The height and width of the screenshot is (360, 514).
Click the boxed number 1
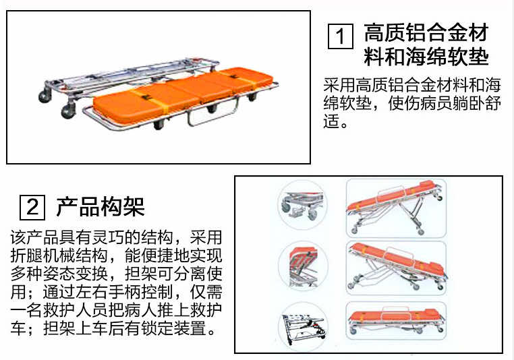coord(341,36)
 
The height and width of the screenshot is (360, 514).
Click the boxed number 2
coord(32,207)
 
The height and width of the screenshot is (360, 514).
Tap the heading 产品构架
coord(101,207)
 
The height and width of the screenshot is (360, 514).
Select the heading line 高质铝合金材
coord(426,32)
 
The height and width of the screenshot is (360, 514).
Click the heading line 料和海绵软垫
coord(426,57)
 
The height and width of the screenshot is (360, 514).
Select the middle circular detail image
coord(303,266)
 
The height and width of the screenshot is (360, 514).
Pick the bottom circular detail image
coord(303,327)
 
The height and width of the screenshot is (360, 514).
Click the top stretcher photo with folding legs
coord(396,208)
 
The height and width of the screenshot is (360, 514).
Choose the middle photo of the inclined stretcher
coord(396,268)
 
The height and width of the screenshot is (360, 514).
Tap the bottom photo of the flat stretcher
coord(396,321)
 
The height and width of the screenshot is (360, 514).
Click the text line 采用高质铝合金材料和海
coord(412,85)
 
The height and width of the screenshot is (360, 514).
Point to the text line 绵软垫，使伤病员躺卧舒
coord(412,103)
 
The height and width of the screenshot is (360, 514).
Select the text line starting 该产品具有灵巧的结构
coord(117,237)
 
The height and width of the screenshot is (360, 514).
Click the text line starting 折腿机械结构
coord(117,256)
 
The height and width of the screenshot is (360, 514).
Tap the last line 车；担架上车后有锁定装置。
coord(113,328)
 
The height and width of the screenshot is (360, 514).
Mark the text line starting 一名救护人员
coord(117,310)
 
